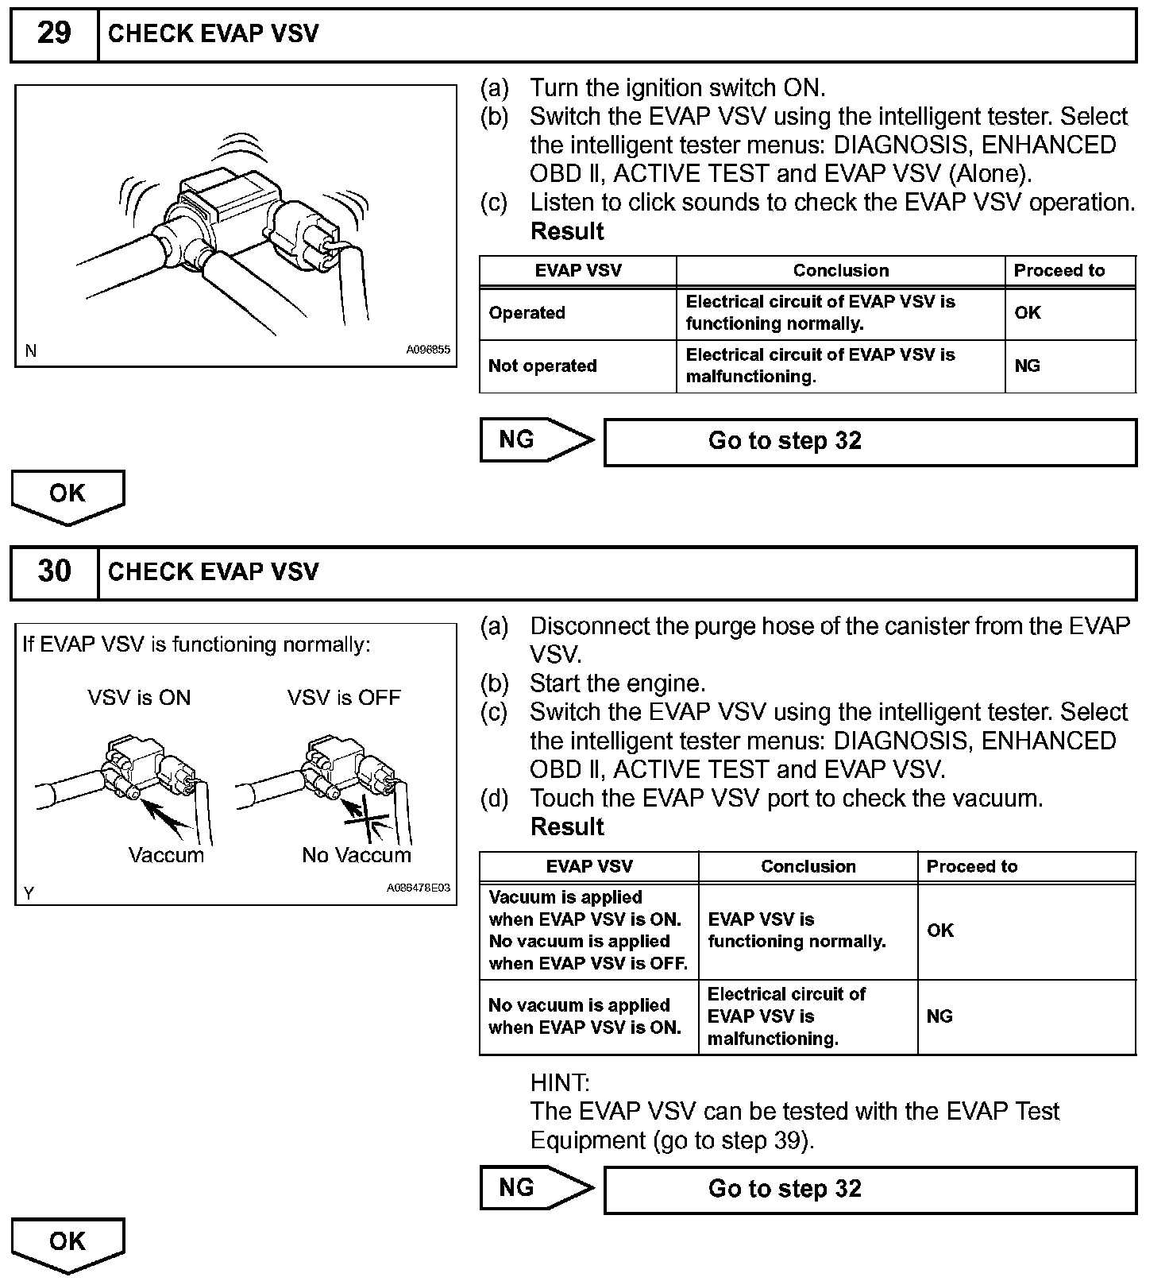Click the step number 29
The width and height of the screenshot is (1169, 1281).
pos(54,33)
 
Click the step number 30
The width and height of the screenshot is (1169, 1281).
pos(54,571)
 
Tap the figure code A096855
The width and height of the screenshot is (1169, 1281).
pos(428,349)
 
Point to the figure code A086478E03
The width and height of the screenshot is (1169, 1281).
pos(418,888)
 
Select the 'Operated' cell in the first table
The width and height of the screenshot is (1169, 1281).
pos(527,313)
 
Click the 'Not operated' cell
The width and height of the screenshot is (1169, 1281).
pos(542,366)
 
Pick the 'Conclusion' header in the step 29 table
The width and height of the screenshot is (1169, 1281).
pos(840,271)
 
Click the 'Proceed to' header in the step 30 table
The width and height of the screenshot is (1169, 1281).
pos(972,867)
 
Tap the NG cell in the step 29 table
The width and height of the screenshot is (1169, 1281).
pos(1028,366)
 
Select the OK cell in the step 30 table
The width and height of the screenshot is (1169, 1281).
pos(940,931)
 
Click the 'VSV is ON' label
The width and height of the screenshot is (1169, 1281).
pos(139,698)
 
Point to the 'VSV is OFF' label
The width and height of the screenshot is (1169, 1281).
pos(344,698)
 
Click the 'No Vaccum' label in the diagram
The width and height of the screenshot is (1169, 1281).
pos(357,856)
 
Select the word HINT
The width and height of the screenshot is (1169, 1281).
pos(560,1083)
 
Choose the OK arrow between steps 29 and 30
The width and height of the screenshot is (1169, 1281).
pos(68,496)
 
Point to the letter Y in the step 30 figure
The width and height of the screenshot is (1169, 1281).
pos(29,893)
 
